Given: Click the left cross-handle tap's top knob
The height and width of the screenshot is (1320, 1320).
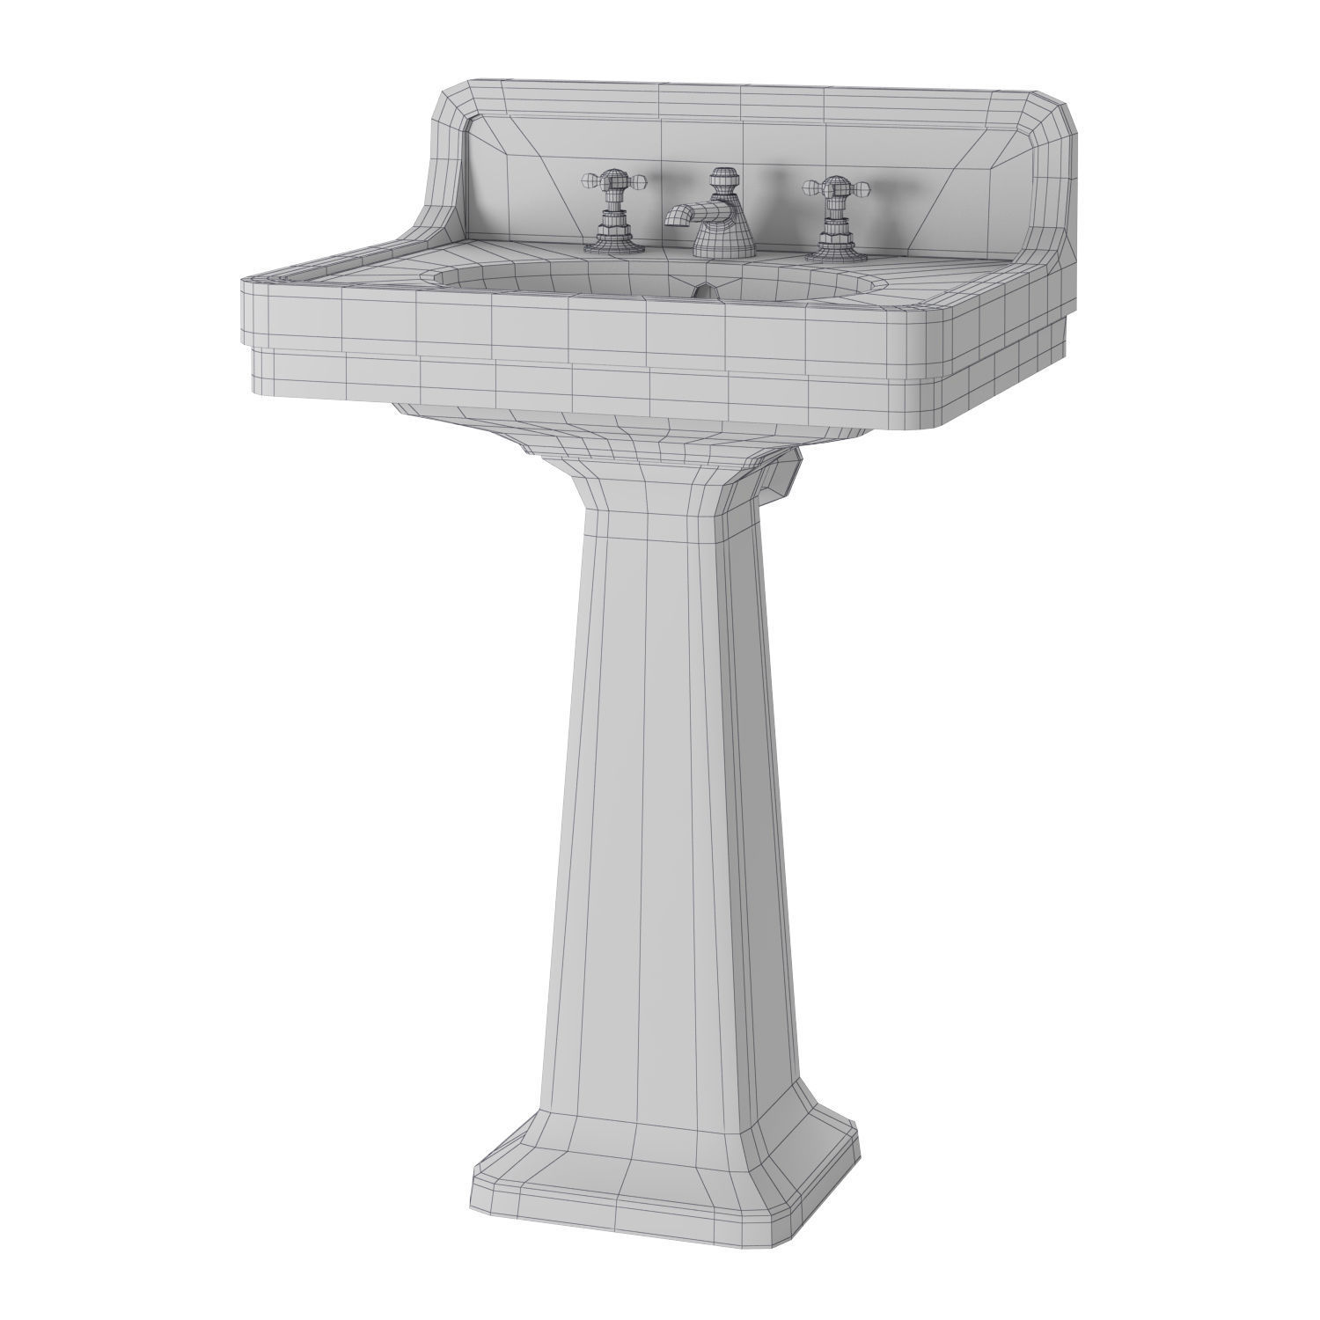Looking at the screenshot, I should click(610, 180).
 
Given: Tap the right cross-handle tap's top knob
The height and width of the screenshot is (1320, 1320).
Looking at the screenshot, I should click(829, 184).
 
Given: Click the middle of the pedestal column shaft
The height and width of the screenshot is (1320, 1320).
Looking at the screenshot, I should click(660, 792).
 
